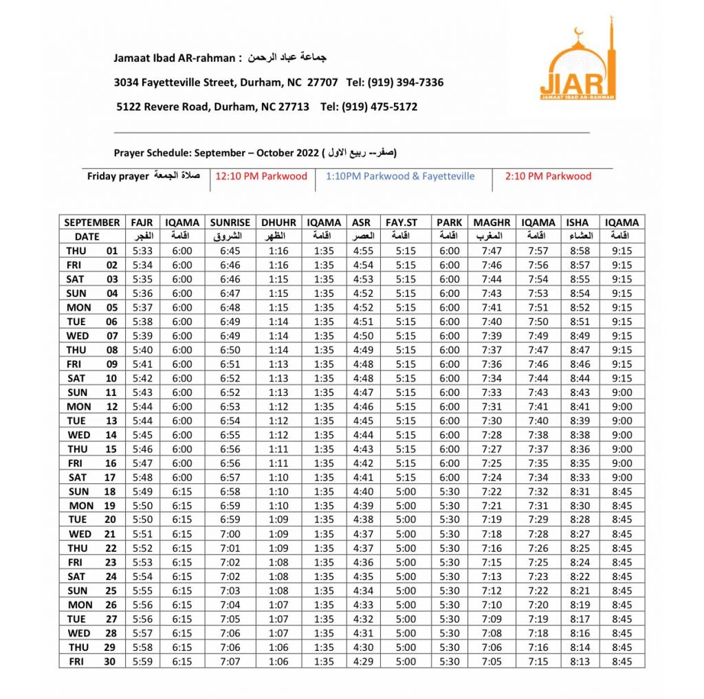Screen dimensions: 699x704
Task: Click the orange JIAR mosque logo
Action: click(577, 63)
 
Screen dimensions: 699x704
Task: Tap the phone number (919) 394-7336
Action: click(405, 82)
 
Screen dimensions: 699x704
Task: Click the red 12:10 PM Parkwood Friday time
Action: click(261, 176)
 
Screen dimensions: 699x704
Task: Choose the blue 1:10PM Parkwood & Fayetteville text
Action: click(400, 176)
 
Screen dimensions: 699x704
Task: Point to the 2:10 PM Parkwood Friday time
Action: click(548, 176)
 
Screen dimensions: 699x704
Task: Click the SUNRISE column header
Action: click(230, 223)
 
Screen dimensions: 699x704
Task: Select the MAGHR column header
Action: click(492, 223)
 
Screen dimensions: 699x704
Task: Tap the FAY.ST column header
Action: click(406, 223)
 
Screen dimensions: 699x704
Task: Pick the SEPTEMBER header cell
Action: click(91, 223)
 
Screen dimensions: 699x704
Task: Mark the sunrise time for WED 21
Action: click(230, 534)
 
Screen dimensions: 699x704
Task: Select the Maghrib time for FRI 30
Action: click(492, 662)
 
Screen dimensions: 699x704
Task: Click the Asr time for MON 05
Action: click(362, 307)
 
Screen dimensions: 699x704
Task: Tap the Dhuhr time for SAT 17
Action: click(278, 478)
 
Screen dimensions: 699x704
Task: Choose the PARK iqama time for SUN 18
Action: click(449, 492)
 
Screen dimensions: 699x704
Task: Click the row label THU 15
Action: click(91, 450)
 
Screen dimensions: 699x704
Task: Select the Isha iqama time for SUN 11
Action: click(621, 392)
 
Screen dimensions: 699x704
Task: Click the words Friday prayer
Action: click(118, 177)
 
